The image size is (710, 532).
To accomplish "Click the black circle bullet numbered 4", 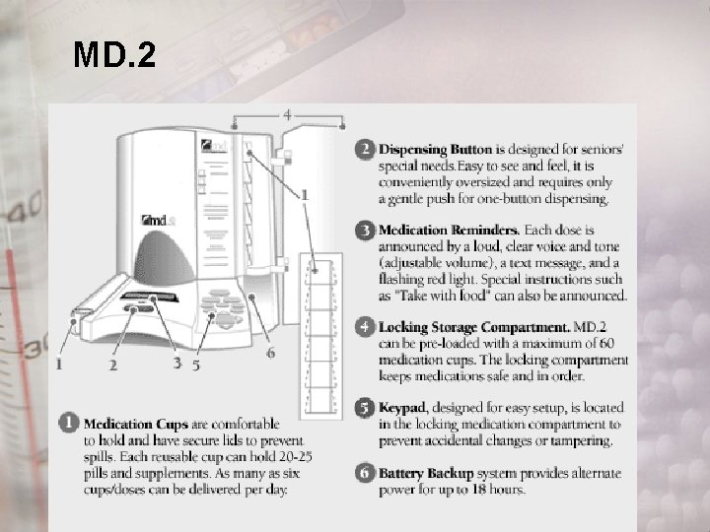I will pos(365,326).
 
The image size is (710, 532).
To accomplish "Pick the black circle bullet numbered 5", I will pos(365,407).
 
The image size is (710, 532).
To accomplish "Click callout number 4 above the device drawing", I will pos(287,114).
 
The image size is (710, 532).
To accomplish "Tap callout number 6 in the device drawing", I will pos(270,353).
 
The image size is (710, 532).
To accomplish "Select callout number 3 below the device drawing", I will pos(177,363).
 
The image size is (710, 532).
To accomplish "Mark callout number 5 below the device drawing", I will pos(196,365).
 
